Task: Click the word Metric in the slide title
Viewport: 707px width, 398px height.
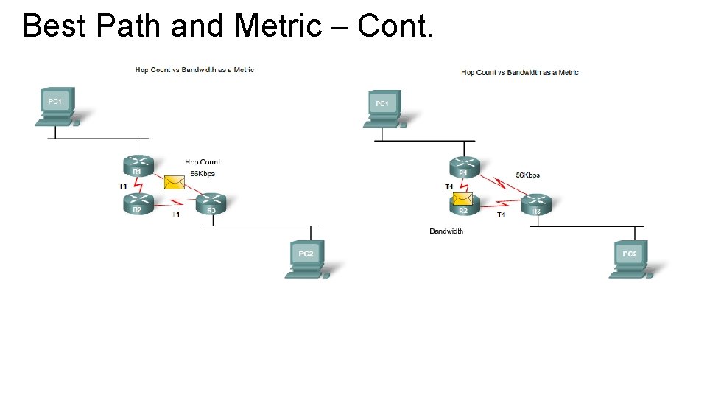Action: [278, 26]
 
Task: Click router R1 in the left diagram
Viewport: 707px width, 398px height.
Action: [137, 166]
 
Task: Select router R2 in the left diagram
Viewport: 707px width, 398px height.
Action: [138, 204]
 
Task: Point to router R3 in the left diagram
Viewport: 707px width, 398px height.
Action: [211, 204]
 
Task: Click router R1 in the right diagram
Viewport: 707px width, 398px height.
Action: [463, 167]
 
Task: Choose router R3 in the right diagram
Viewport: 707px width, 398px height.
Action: [536, 205]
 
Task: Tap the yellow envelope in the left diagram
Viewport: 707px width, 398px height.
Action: [174, 182]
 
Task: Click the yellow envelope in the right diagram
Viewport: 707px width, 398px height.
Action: [462, 198]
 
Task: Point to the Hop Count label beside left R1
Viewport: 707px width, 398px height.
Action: [203, 162]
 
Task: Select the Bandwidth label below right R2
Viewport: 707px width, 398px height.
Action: [446, 231]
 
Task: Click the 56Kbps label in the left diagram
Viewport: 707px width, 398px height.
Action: [203, 174]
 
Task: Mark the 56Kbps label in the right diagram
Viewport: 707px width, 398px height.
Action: [527, 175]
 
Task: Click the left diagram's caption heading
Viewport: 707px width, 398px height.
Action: [194, 70]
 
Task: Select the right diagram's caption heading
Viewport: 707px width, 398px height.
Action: [519, 72]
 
